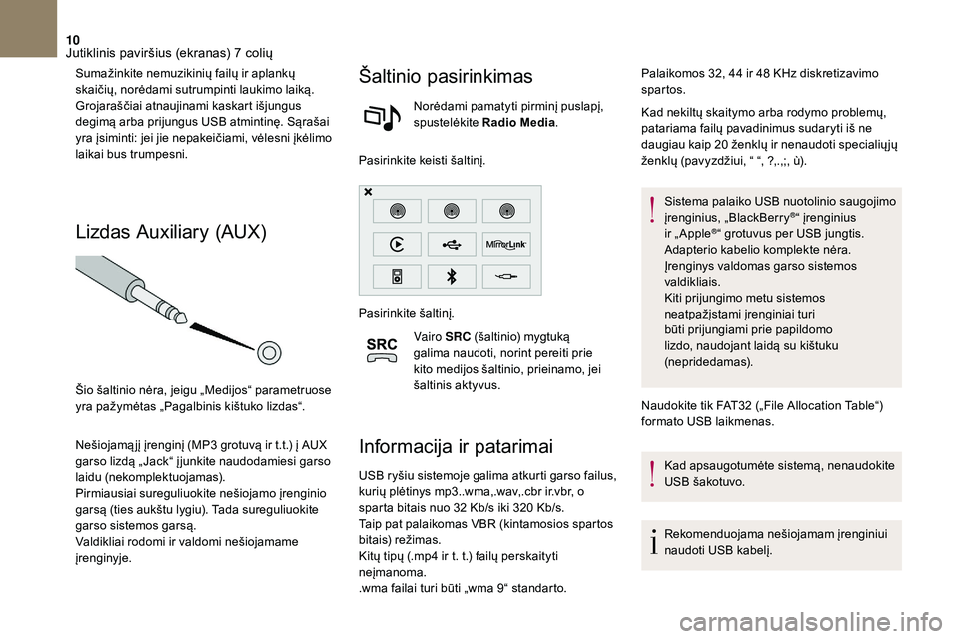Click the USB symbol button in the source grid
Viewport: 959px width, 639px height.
click(x=451, y=243)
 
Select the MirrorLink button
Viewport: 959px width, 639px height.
click(x=506, y=243)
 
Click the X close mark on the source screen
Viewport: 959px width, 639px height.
click(x=368, y=191)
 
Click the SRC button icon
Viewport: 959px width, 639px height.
click(x=383, y=350)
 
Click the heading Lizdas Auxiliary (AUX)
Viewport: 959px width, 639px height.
click(x=170, y=232)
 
